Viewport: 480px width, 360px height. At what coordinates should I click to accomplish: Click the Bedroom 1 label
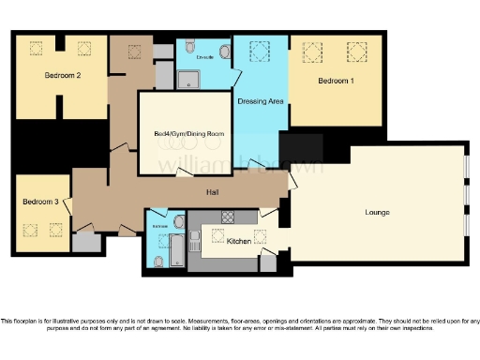[x=336, y=82]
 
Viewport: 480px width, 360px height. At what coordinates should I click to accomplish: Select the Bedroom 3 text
[x=41, y=202]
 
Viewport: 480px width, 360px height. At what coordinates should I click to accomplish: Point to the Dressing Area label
[x=260, y=99]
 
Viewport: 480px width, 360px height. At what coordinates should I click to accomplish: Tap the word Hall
[x=214, y=192]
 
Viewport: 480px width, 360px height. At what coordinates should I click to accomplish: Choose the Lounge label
[x=378, y=212]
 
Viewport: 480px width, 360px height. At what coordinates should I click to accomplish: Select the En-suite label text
[x=205, y=57]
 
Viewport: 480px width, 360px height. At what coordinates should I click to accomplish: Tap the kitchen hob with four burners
[x=224, y=217]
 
